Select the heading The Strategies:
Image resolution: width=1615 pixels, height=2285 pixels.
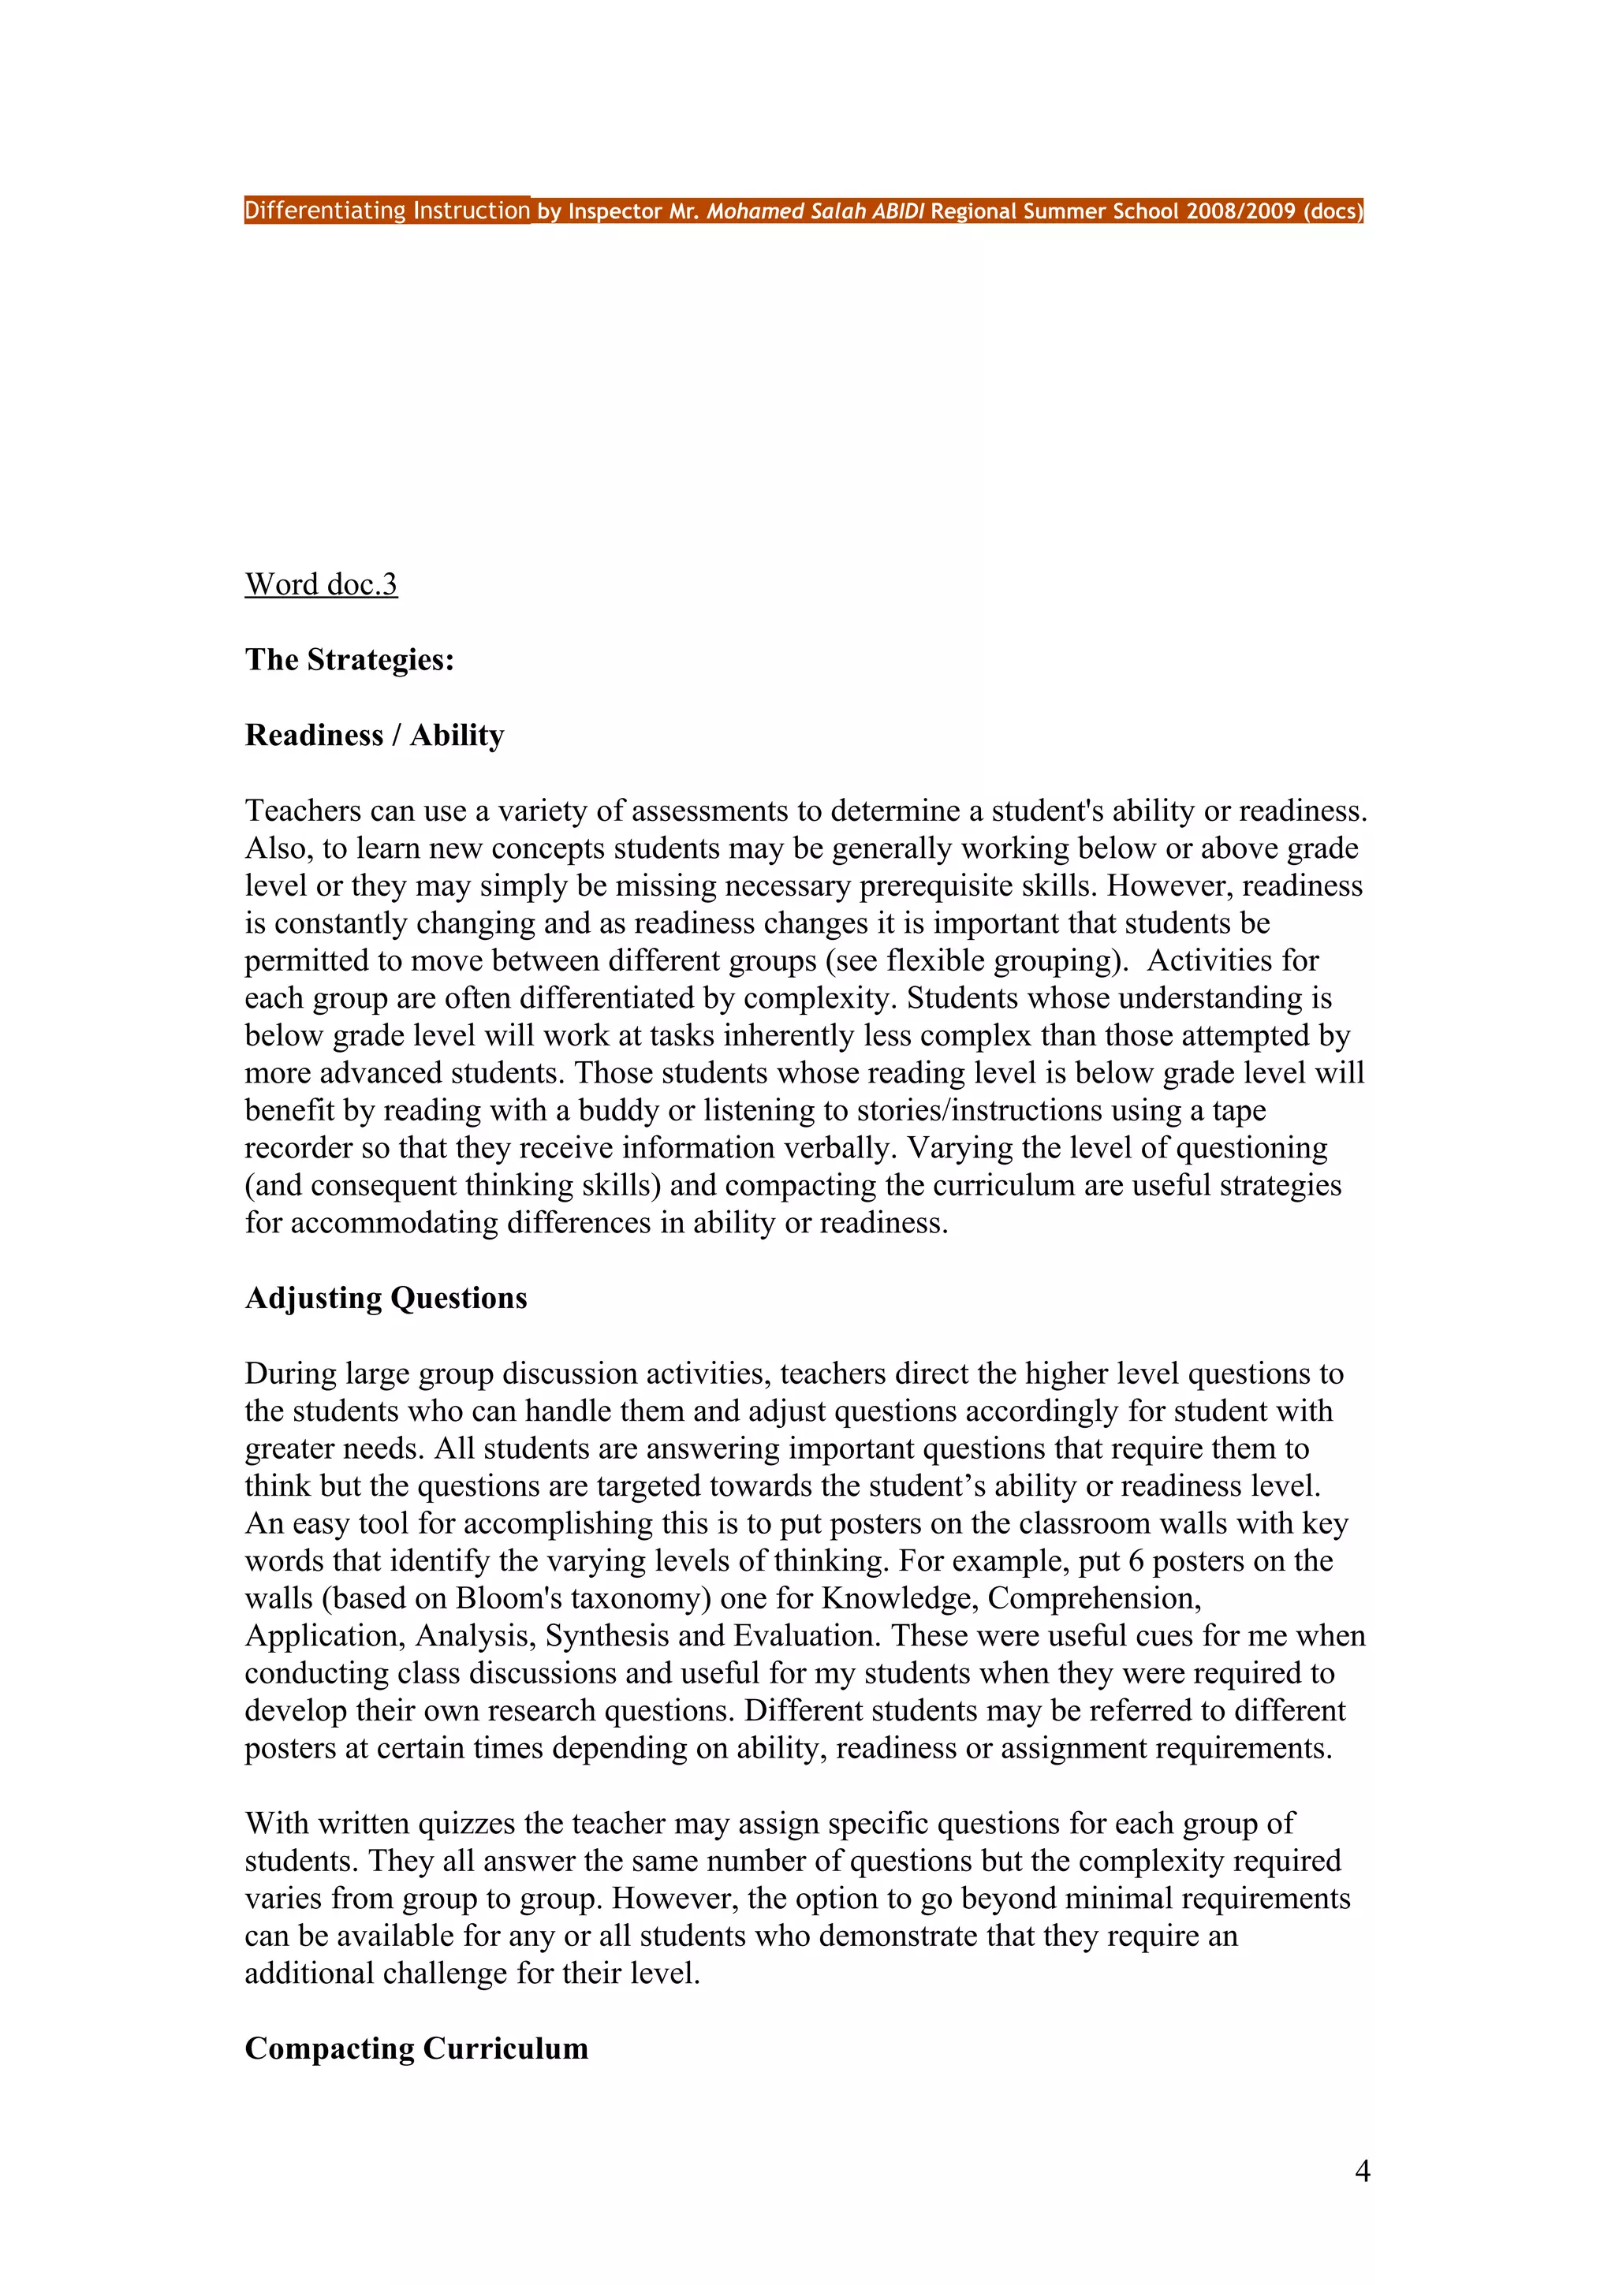(349, 660)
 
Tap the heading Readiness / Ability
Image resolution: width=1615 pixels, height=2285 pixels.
(374, 736)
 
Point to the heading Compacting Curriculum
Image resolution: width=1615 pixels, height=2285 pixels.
(416, 2048)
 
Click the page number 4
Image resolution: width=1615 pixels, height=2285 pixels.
(1362, 2171)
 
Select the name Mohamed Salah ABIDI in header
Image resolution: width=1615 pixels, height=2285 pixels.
(815, 211)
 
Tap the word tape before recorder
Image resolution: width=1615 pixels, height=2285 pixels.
(1238, 1111)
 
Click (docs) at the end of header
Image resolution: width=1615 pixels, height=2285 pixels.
(1333, 211)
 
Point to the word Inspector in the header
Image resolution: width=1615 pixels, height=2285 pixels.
(615, 211)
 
